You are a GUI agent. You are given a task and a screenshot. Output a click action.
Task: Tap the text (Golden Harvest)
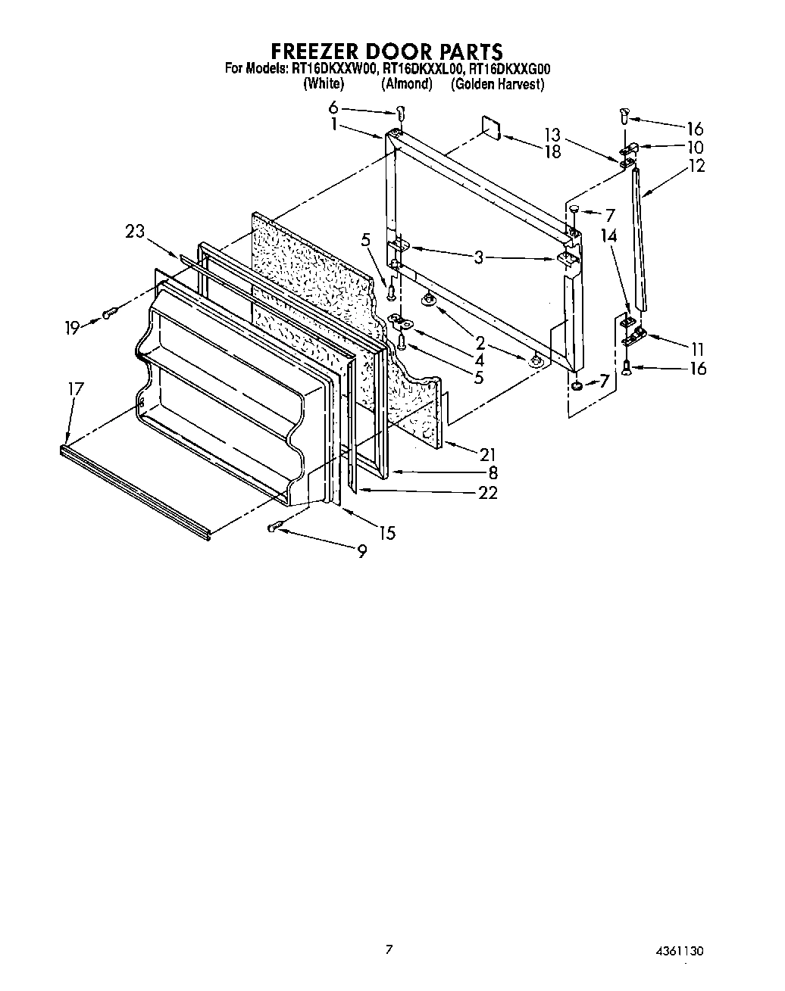point(497,85)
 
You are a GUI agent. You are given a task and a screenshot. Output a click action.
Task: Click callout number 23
point(135,232)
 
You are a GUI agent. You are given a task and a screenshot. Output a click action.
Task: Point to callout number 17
point(76,389)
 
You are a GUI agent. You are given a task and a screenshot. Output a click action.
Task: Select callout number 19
point(72,327)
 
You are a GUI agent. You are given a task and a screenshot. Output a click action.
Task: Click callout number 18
point(552,151)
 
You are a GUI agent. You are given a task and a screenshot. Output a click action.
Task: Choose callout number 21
point(487,454)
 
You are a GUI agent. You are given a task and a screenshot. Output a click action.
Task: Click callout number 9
point(362,552)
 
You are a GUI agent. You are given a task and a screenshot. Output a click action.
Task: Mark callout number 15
point(386,533)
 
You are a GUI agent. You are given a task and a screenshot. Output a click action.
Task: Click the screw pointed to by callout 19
point(111,311)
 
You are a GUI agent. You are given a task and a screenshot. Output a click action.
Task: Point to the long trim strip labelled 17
point(133,492)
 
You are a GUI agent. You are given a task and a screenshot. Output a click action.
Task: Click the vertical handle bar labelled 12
point(640,238)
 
